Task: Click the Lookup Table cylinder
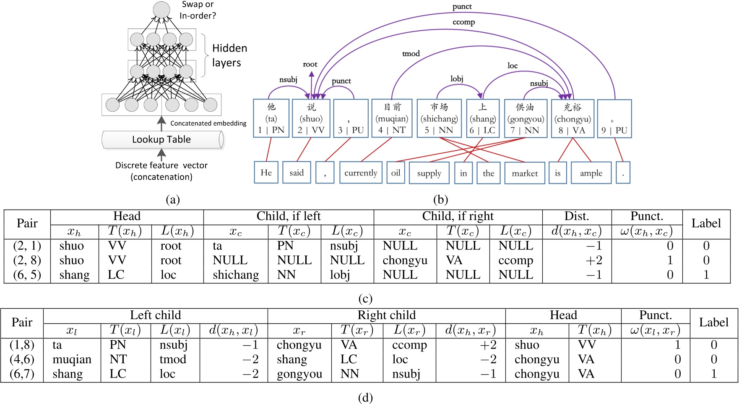pos(161,139)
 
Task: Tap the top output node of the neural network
pos(161,10)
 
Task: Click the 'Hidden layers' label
pos(229,55)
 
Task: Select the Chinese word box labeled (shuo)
pos(311,118)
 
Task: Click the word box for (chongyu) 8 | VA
pos(572,118)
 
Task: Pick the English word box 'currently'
pos(361,173)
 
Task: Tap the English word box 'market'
pos(525,173)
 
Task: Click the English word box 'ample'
pos(591,173)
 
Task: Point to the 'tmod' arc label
pos(411,54)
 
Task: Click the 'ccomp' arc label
pos(463,22)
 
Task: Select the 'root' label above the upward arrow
pos(310,64)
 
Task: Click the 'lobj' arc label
pos(457,79)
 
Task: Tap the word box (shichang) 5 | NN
pos(439,118)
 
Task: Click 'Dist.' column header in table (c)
pos(576,216)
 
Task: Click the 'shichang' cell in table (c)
pos(236,275)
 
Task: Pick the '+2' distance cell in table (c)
pos(593,260)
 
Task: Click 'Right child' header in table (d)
pos(386,315)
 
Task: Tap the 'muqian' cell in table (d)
pos(72,359)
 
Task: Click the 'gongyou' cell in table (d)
pos(299,374)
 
